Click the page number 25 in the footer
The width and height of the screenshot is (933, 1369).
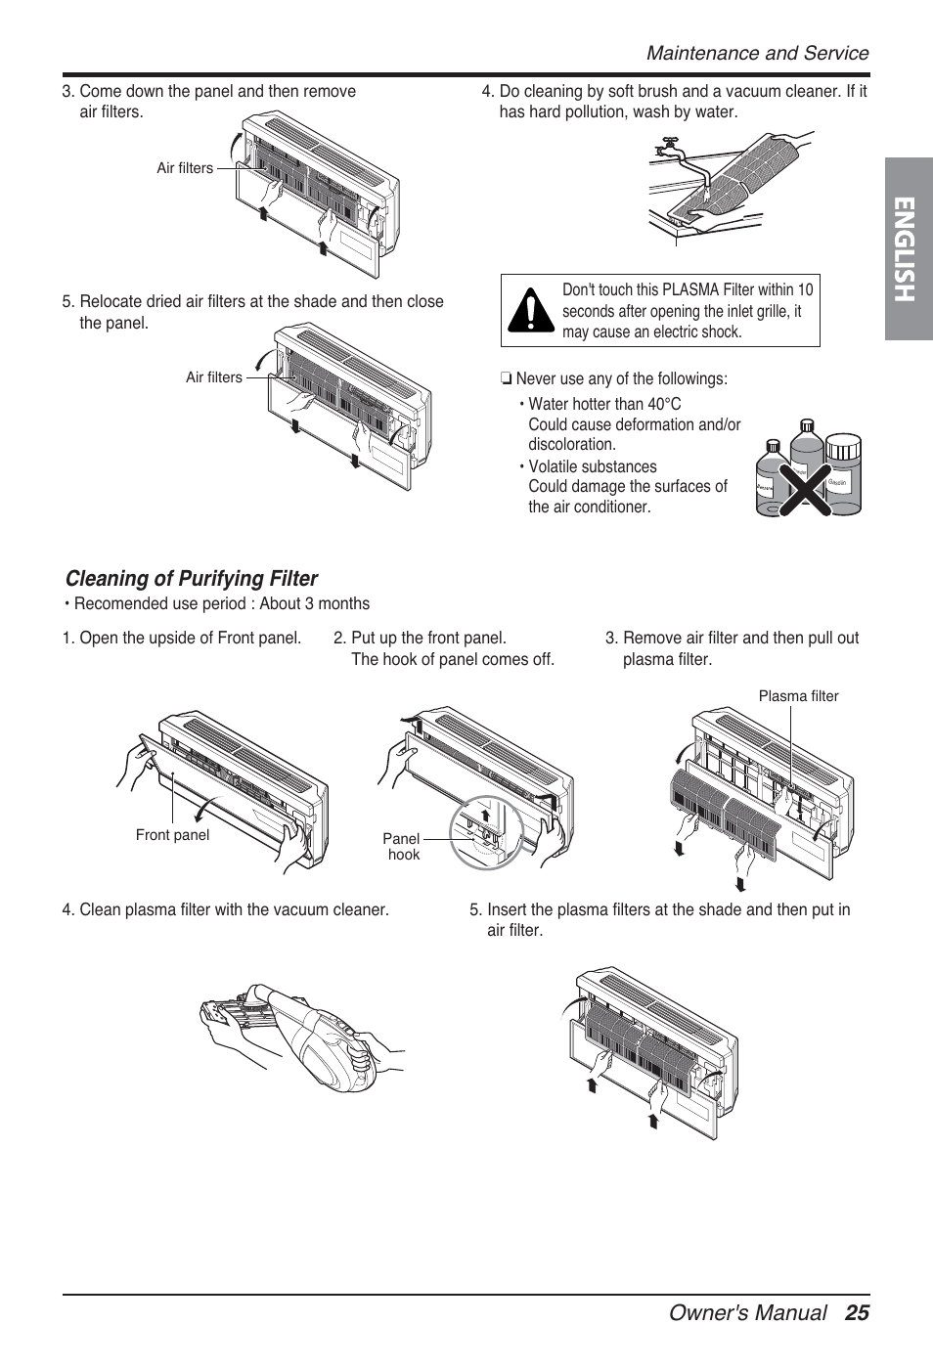pyautogui.click(x=857, y=1312)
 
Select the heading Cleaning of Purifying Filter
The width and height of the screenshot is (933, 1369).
pyautogui.click(x=192, y=579)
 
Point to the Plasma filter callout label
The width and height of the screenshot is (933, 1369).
pyautogui.click(x=798, y=696)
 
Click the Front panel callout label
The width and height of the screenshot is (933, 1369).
pyautogui.click(x=172, y=835)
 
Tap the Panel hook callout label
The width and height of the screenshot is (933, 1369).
pyautogui.click(x=402, y=847)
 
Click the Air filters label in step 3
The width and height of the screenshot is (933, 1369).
pyautogui.click(x=185, y=168)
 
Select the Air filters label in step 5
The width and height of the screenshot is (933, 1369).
pyautogui.click(x=214, y=377)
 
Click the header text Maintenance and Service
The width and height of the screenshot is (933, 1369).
pyautogui.click(x=757, y=54)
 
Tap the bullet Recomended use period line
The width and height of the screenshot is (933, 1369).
pyautogui.click(x=218, y=604)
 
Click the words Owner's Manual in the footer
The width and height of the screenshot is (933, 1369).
pyautogui.click(x=747, y=1312)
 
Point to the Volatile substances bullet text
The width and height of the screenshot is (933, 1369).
pyautogui.click(x=593, y=467)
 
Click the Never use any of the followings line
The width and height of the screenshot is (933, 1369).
pyautogui.click(x=621, y=379)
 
